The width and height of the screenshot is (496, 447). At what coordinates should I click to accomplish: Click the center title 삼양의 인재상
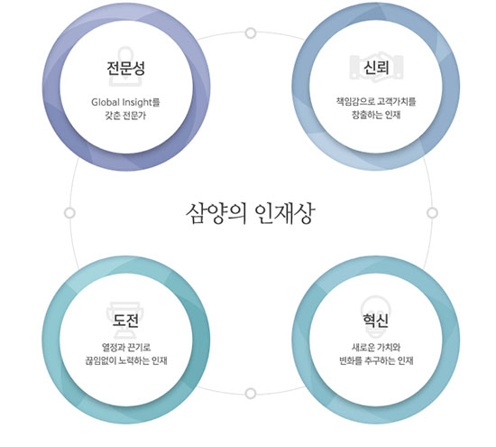point(250,213)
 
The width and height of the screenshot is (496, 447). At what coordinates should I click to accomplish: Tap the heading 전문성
point(126,68)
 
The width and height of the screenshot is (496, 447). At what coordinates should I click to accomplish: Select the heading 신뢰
point(376,67)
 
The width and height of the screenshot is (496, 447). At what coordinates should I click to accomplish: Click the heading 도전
point(126,321)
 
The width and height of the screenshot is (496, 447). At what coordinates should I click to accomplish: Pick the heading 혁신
point(375,320)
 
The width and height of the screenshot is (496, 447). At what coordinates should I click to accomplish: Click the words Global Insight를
point(125,102)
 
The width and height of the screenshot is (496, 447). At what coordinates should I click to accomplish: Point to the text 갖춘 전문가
point(125,116)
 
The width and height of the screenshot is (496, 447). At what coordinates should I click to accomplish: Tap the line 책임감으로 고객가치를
point(376,102)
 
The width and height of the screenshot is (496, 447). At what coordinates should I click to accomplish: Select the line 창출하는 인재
point(376,115)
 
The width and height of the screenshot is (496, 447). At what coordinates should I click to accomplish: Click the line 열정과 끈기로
point(126,348)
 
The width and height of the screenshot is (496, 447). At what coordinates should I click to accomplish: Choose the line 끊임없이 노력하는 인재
point(126,360)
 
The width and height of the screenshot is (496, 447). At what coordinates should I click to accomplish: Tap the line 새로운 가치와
point(376,348)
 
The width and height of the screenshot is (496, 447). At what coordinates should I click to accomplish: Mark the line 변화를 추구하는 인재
point(376,360)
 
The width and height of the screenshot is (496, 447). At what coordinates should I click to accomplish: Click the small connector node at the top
point(251,33)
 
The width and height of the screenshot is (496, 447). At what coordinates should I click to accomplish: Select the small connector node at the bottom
point(251,394)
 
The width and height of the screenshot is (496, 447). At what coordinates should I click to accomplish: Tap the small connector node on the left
point(69,213)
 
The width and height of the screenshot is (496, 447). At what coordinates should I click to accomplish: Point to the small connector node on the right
point(432,213)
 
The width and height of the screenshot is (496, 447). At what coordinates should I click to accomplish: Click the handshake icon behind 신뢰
point(376,67)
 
